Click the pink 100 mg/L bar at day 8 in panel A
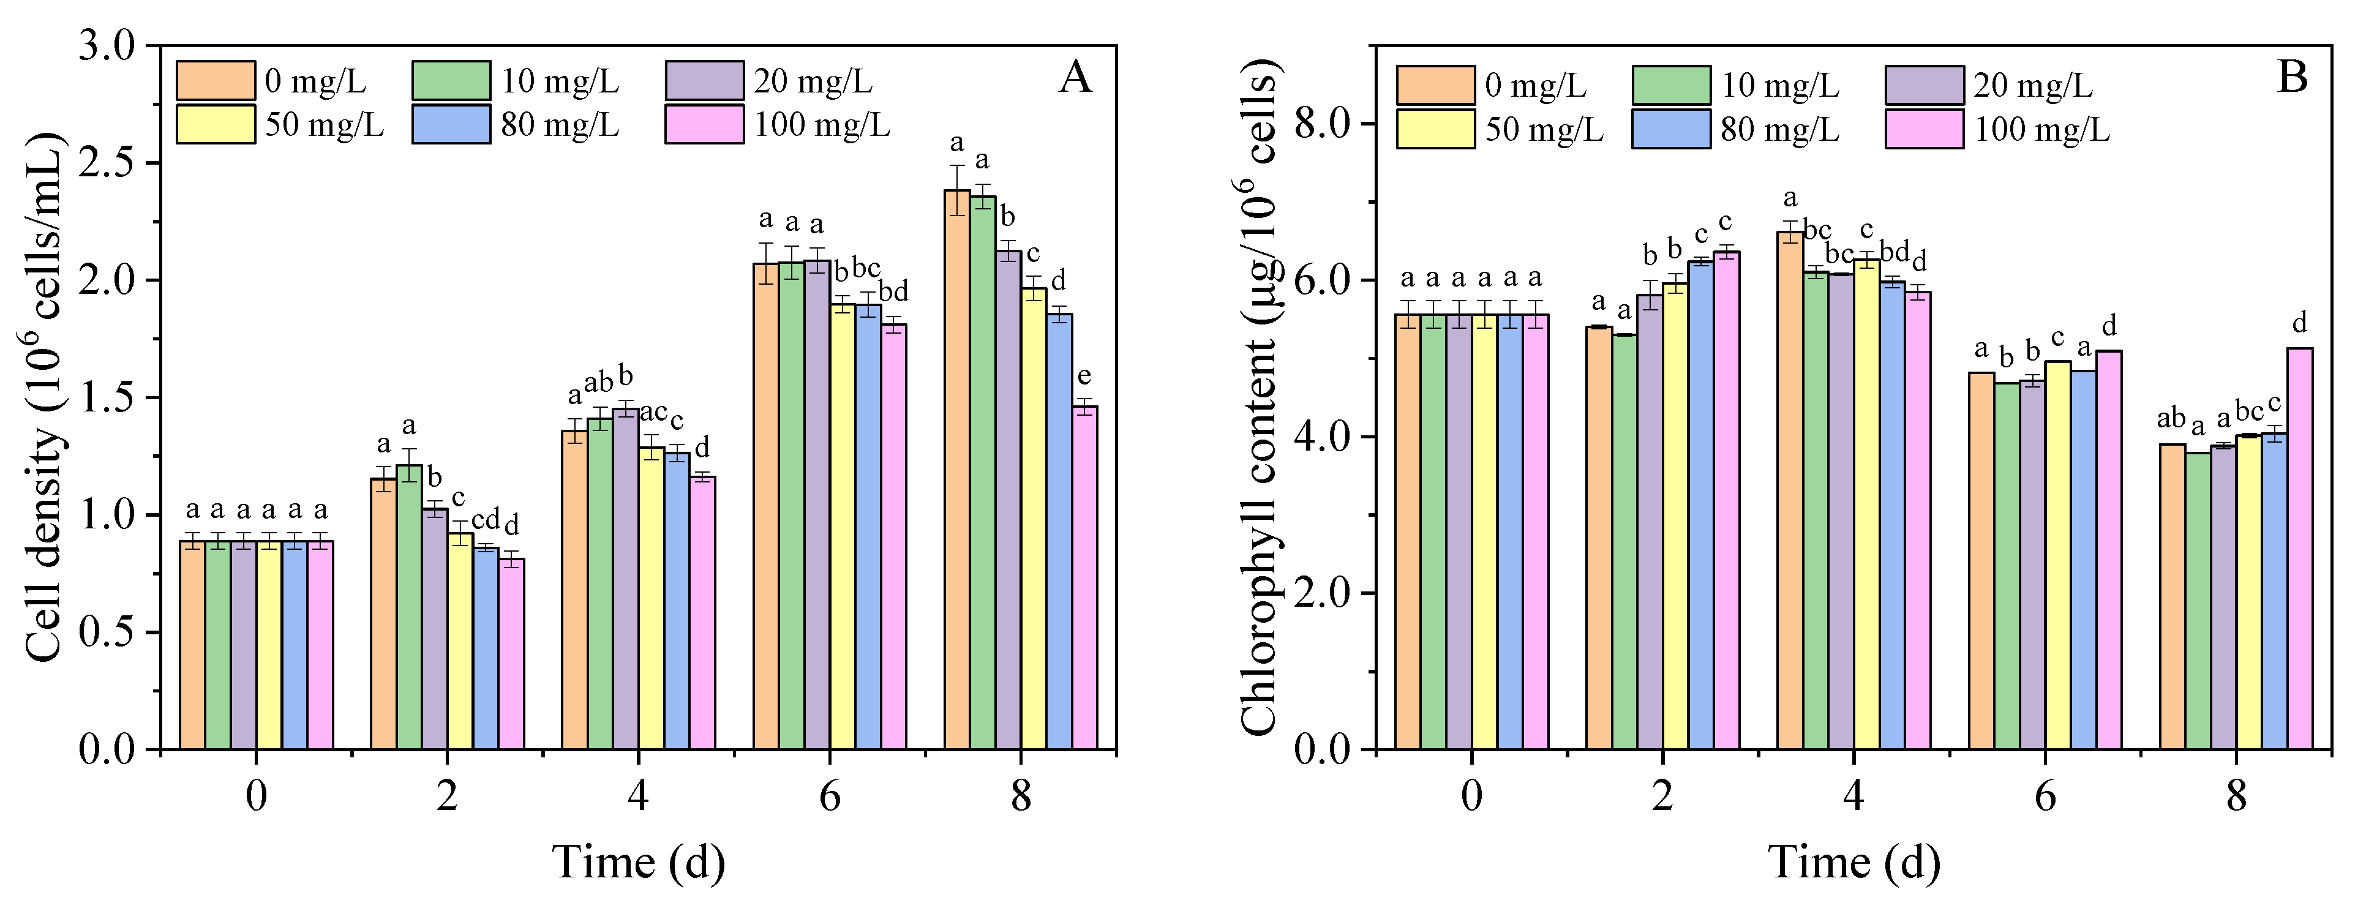(1085, 579)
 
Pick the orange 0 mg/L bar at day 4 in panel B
(1790, 491)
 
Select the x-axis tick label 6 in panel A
(829, 795)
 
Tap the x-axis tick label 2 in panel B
(1662, 795)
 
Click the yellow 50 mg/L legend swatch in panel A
(216, 124)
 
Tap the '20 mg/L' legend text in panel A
(813, 82)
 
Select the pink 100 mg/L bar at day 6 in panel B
(2109, 551)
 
